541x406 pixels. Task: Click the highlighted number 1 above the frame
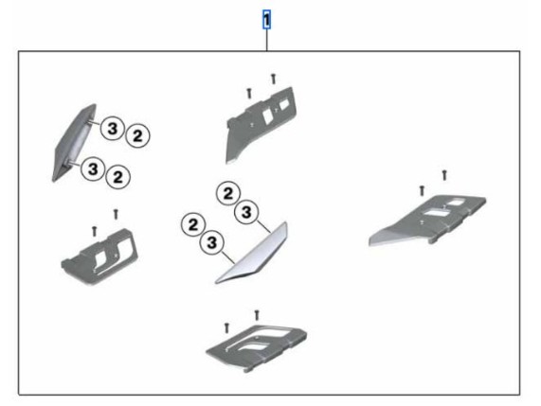pyautogui.click(x=266, y=20)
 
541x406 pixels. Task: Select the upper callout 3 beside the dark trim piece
pyautogui.click(x=112, y=129)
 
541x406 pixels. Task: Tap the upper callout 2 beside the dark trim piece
pyautogui.click(x=137, y=135)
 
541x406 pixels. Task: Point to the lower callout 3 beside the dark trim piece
pyautogui.click(x=93, y=168)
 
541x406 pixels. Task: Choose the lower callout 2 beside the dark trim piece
pyautogui.click(x=118, y=177)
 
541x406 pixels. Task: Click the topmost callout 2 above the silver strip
pyautogui.click(x=228, y=193)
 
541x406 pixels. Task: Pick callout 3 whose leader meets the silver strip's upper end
pyautogui.click(x=246, y=212)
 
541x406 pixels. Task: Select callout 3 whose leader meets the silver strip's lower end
pyautogui.click(x=211, y=242)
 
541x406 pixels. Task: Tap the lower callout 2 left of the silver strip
pyautogui.click(x=193, y=224)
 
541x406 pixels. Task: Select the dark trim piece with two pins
pyautogui.click(x=73, y=143)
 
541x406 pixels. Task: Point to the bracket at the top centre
pyautogui.click(x=261, y=124)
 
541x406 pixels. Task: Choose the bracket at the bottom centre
pyautogui.click(x=257, y=347)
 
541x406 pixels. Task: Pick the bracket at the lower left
pyautogui.click(x=99, y=256)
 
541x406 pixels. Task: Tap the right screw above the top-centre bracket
pyautogui.click(x=274, y=79)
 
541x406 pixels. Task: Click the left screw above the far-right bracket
pyautogui.click(x=422, y=190)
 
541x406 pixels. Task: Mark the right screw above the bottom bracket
pyautogui.click(x=257, y=315)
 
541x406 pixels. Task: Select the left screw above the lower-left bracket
pyautogui.click(x=94, y=231)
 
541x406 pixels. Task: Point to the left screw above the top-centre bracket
pyautogui.click(x=249, y=93)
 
